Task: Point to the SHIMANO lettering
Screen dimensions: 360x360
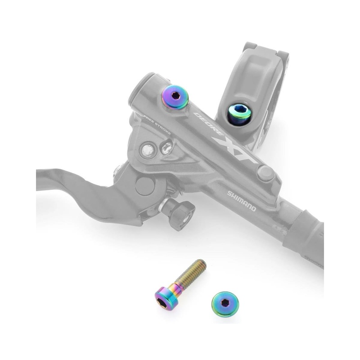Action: (242, 201)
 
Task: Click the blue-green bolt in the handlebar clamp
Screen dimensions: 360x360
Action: (238, 112)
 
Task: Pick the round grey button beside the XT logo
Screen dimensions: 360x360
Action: (265, 173)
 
